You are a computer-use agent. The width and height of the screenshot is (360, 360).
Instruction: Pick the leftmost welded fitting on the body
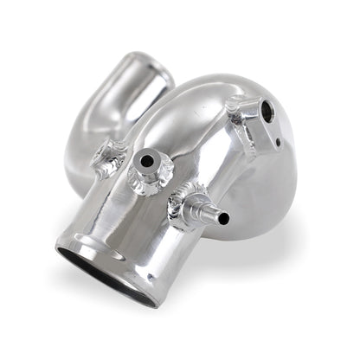coord(108,156)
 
